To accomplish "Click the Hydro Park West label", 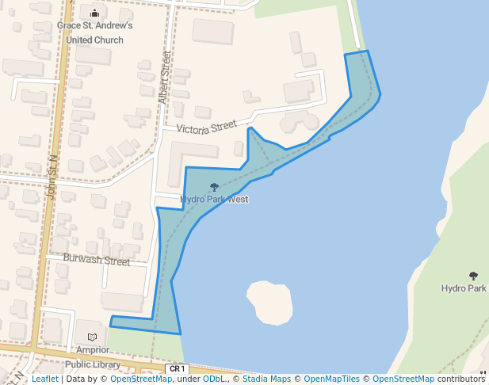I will (x=214, y=200).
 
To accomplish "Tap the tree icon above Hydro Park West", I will (x=214, y=187).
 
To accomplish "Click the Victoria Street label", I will (x=206, y=128).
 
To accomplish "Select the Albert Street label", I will (x=164, y=78).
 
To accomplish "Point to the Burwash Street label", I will (x=97, y=261).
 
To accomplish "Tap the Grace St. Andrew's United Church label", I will (x=95, y=32).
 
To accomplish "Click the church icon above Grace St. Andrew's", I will (x=95, y=13).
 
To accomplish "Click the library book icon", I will (x=92, y=337).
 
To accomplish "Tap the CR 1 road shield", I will (x=177, y=369).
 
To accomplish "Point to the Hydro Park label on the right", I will (x=464, y=288).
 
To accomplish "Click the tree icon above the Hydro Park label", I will (x=473, y=276).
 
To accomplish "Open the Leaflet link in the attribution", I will (x=44, y=379).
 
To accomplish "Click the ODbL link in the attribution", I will (x=214, y=379).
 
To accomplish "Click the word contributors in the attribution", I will (x=461, y=379).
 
